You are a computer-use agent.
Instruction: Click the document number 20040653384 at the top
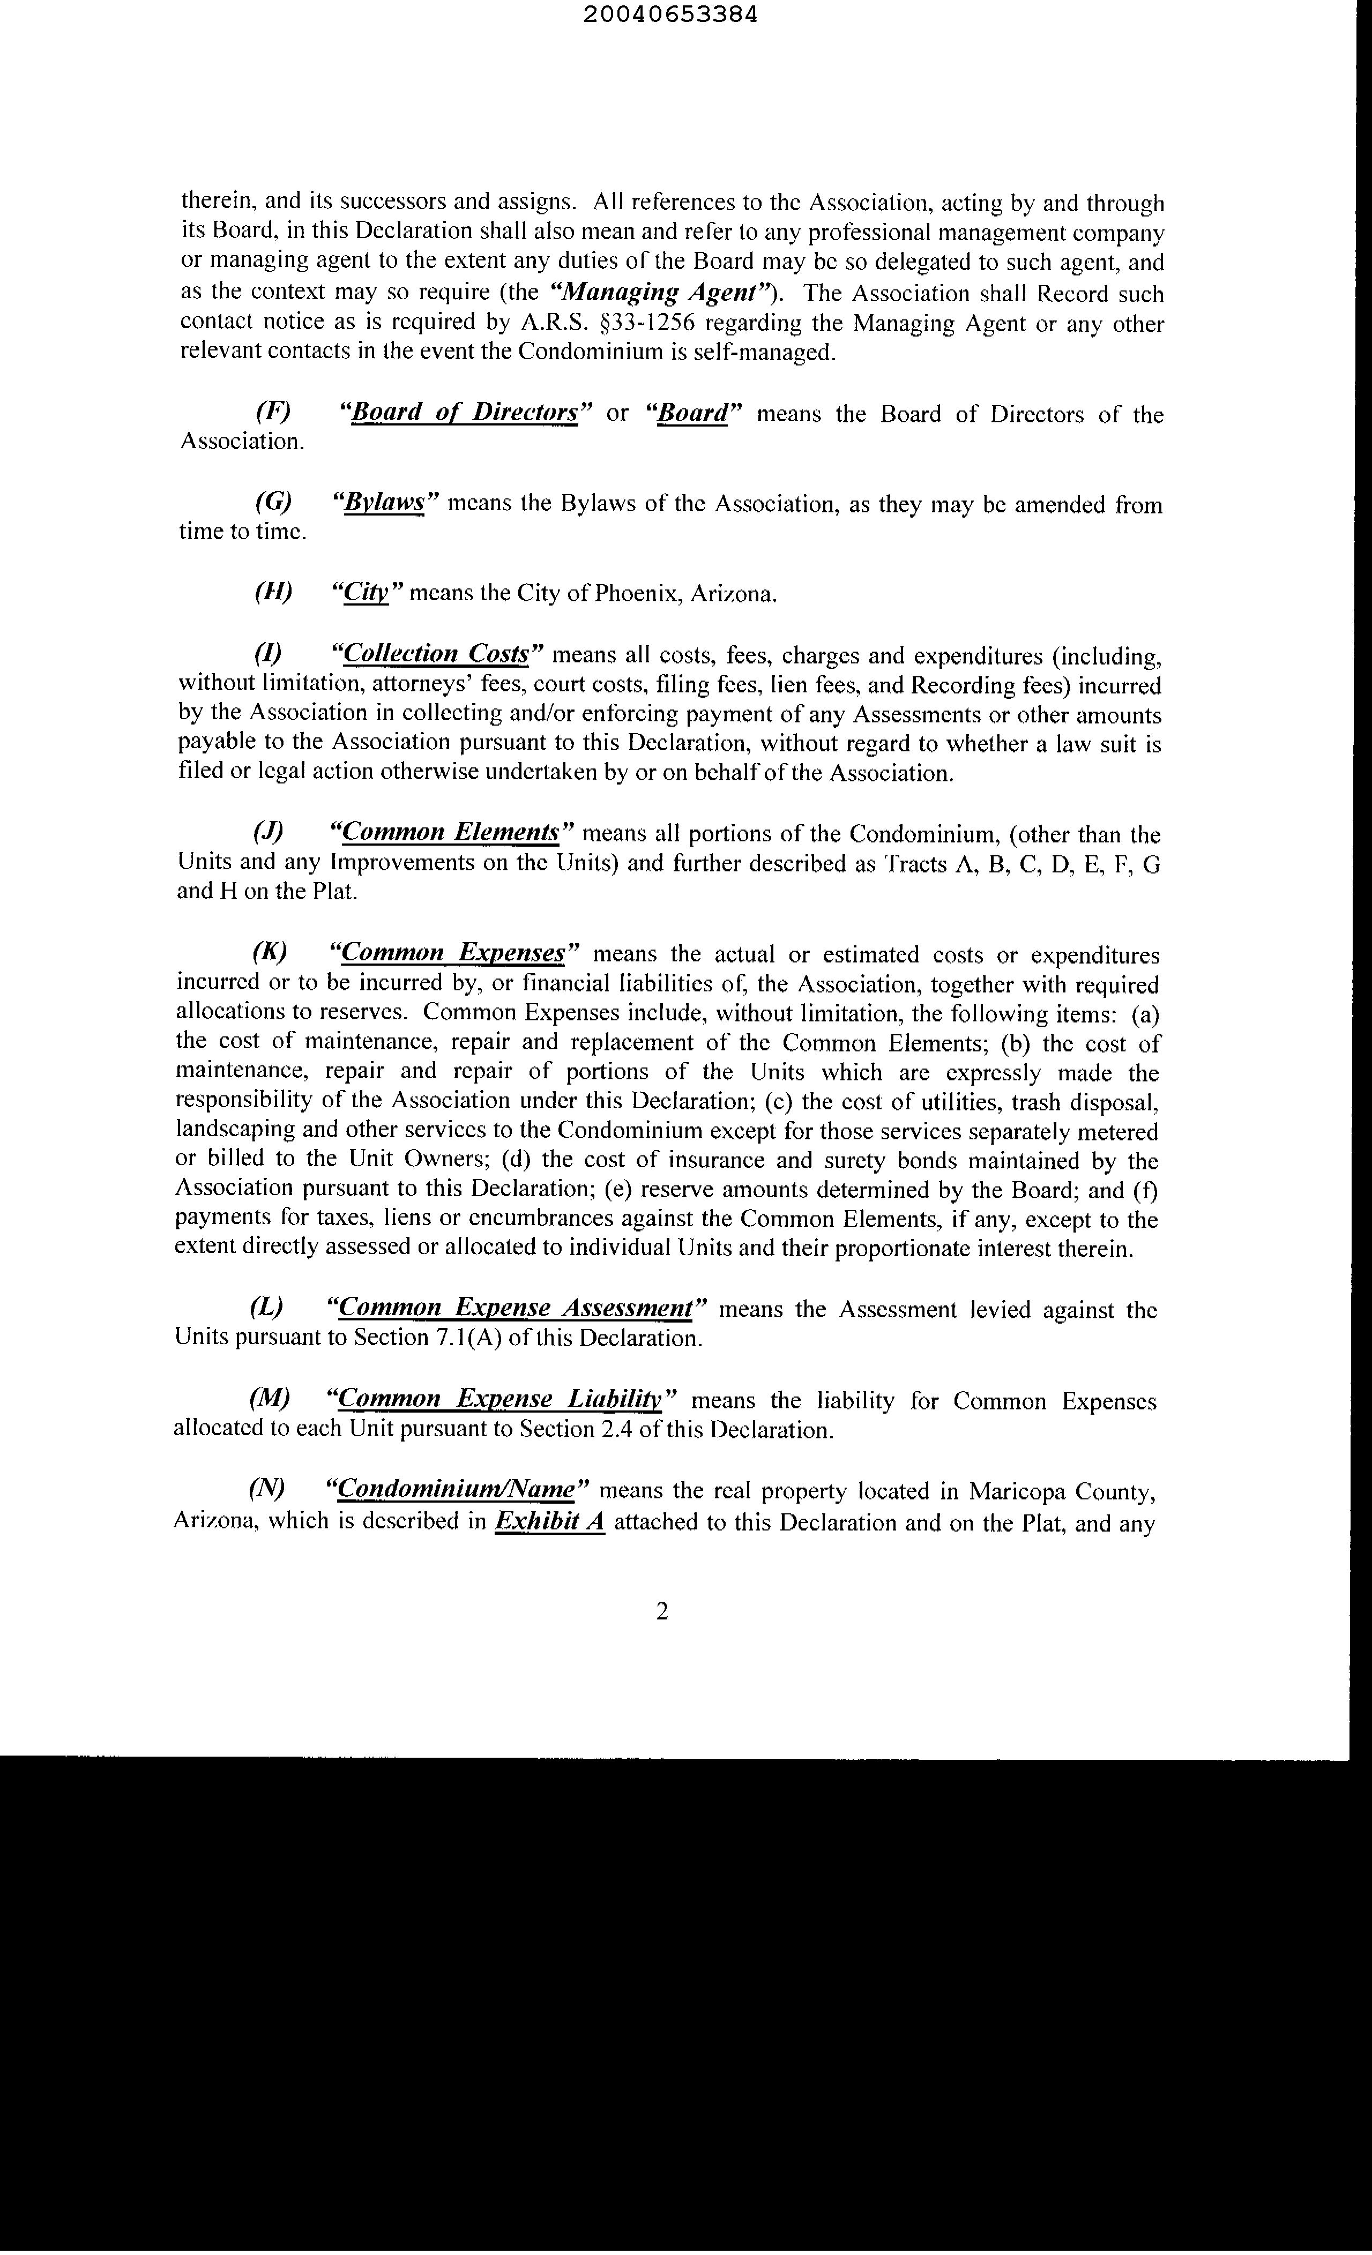point(684,16)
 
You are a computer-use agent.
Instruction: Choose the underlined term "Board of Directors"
point(465,414)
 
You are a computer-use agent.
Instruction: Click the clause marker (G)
point(273,503)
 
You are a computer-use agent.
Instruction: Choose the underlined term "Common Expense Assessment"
point(515,1309)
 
